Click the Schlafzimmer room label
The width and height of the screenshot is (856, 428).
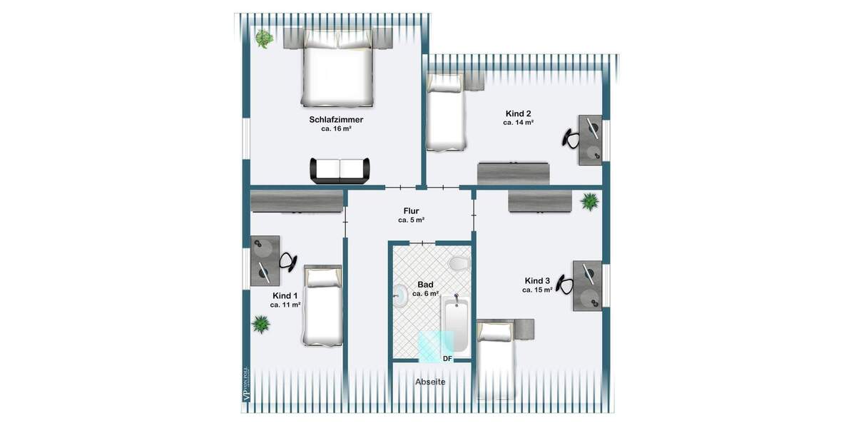(x=336, y=120)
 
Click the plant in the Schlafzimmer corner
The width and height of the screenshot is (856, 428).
(x=264, y=39)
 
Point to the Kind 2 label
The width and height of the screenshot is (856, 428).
(x=518, y=113)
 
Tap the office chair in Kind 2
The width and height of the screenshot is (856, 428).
(x=571, y=137)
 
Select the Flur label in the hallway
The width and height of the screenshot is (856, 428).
(x=411, y=210)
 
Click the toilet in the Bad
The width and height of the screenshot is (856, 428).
(x=458, y=265)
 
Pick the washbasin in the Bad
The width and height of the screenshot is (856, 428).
(x=399, y=293)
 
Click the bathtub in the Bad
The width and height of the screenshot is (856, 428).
(x=454, y=325)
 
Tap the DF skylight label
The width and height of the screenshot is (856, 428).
(x=448, y=358)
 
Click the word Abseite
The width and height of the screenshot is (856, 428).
(x=430, y=382)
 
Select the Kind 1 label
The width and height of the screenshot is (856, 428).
(x=285, y=295)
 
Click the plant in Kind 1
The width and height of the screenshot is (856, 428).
(x=261, y=325)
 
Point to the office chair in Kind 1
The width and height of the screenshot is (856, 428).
(x=287, y=262)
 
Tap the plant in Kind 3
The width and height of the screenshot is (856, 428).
(x=590, y=202)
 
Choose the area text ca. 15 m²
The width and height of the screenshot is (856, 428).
(x=537, y=290)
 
